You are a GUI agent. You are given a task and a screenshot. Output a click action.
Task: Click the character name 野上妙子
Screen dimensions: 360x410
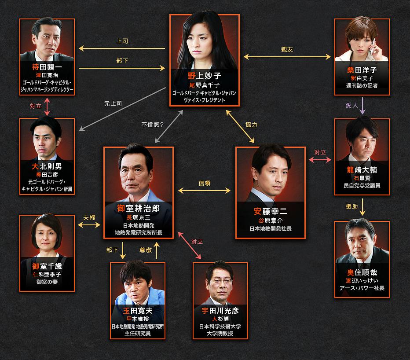click(x=205, y=75)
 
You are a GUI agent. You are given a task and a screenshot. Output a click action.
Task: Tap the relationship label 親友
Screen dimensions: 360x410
click(x=287, y=49)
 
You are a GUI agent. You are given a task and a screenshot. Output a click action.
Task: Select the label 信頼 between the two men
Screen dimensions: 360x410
click(x=205, y=183)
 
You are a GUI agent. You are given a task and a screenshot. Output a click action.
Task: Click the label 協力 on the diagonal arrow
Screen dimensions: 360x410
click(x=251, y=125)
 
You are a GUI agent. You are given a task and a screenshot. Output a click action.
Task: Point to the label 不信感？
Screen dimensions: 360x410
click(x=153, y=125)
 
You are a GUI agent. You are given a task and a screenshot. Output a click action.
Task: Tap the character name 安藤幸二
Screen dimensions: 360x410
click(x=270, y=211)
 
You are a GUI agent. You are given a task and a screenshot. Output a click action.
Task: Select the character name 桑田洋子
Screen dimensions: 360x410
click(x=362, y=70)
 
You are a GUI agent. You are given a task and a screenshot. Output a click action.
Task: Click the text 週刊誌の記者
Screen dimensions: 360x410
click(x=362, y=85)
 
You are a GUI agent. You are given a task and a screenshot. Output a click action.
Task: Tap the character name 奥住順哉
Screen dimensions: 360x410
click(x=362, y=272)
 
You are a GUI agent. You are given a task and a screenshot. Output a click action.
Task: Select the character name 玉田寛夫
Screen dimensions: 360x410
click(x=138, y=310)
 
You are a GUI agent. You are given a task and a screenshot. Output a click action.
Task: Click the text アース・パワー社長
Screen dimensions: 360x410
click(x=362, y=288)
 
